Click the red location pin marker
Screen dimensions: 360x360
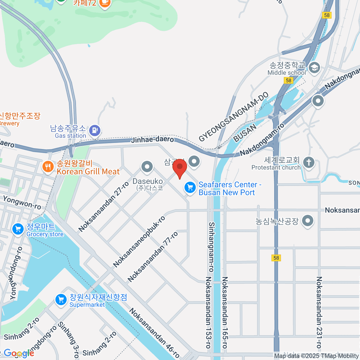click(x=180, y=167)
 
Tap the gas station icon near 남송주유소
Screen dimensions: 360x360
click(x=95, y=130)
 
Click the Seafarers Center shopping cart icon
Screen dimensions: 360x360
click(x=190, y=187)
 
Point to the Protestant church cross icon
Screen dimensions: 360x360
click(x=309, y=162)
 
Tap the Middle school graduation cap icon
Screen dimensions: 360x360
click(x=314, y=67)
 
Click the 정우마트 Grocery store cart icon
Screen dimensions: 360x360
click(x=18, y=229)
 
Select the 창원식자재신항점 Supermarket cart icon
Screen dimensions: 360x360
click(x=61, y=299)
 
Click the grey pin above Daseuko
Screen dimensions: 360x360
click(x=147, y=167)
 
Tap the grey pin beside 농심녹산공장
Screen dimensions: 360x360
click(x=307, y=221)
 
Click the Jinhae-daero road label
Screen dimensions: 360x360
click(x=152, y=139)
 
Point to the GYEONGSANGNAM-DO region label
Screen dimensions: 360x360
click(x=234, y=117)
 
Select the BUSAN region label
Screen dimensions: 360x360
click(x=245, y=133)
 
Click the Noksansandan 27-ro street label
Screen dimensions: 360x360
click(x=103, y=207)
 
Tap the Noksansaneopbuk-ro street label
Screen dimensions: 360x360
click(x=139, y=242)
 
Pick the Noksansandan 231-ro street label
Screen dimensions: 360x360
click(x=319, y=312)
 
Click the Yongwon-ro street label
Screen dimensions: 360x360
click(x=22, y=202)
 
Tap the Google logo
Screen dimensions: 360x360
click(x=19, y=353)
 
